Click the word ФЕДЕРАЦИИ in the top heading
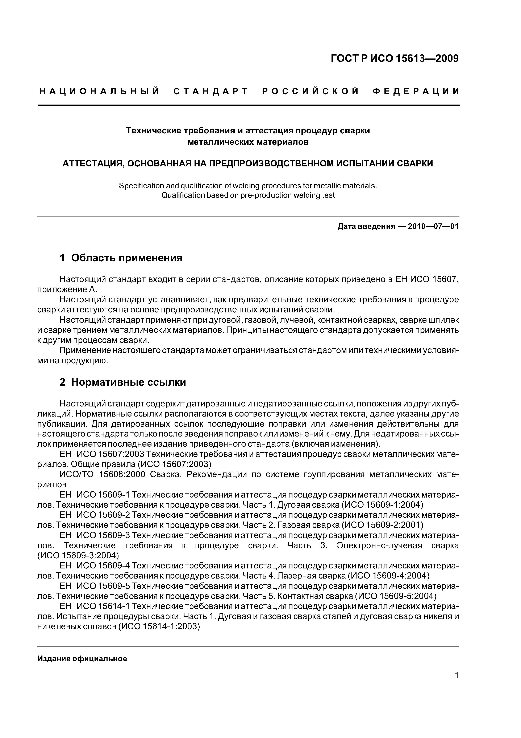click(x=416, y=92)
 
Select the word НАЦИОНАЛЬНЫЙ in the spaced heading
click(x=100, y=92)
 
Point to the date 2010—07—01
click(x=433, y=227)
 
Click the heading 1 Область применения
click(x=121, y=258)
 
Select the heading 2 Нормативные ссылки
click(x=123, y=382)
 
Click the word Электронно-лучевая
click(x=379, y=546)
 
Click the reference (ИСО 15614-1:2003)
click(x=159, y=627)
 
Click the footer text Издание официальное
click(x=82, y=659)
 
